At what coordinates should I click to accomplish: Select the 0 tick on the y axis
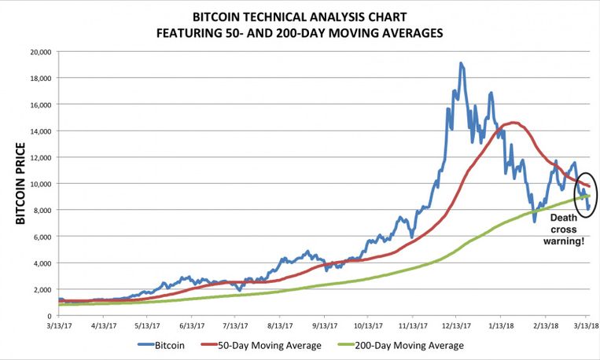tap(50, 316)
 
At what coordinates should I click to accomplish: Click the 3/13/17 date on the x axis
tap(60, 324)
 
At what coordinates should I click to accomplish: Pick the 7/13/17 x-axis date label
tap(236, 324)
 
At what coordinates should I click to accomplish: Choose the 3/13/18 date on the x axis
tap(586, 324)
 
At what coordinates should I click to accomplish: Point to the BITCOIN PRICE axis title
tap(21, 184)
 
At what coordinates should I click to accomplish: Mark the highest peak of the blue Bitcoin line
tap(461, 64)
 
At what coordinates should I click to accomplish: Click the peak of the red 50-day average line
tap(512, 122)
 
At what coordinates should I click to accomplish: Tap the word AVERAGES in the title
tap(410, 33)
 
